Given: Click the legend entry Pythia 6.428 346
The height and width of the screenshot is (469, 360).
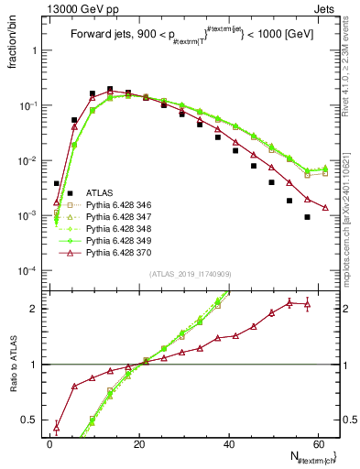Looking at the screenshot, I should tap(117, 207).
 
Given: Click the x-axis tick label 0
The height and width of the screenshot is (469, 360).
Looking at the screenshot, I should tap(50, 442).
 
